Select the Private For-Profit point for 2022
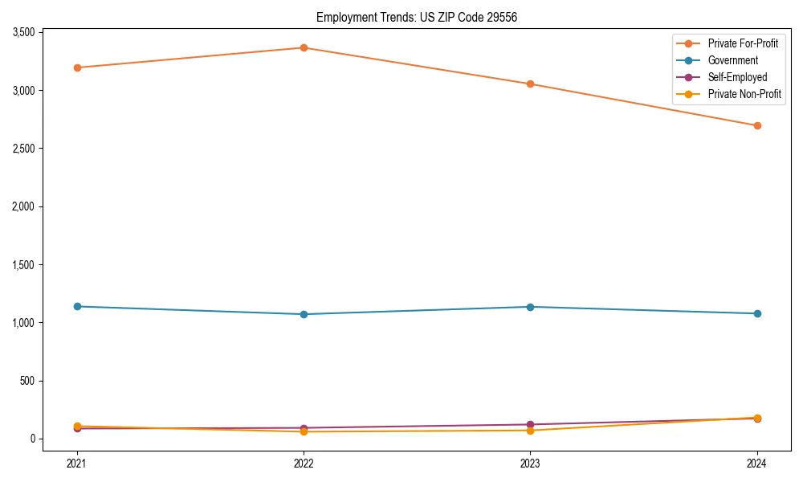click(x=304, y=47)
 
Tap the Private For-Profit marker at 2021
click(x=77, y=67)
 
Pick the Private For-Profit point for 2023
click(x=531, y=84)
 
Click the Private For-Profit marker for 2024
click(x=757, y=125)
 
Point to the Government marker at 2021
click(x=77, y=306)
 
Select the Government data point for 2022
click(x=304, y=314)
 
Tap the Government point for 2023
click(x=531, y=307)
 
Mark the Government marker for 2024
click(x=757, y=313)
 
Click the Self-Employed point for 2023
click(x=531, y=424)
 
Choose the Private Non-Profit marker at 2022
click(x=304, y=432)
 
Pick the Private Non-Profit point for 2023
click(x=531, y=431)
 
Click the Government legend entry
click(x=732, y=60)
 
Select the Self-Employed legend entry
click(x=737, y=77)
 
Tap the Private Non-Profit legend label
click(x=744, y=94)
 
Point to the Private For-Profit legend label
click(x=743, y=43)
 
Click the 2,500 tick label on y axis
click(x=22, y=149)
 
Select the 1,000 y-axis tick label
click(x=22, y=323)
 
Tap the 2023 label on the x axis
click(x=531, y=463)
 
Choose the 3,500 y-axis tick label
click(x=22, y=32)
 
